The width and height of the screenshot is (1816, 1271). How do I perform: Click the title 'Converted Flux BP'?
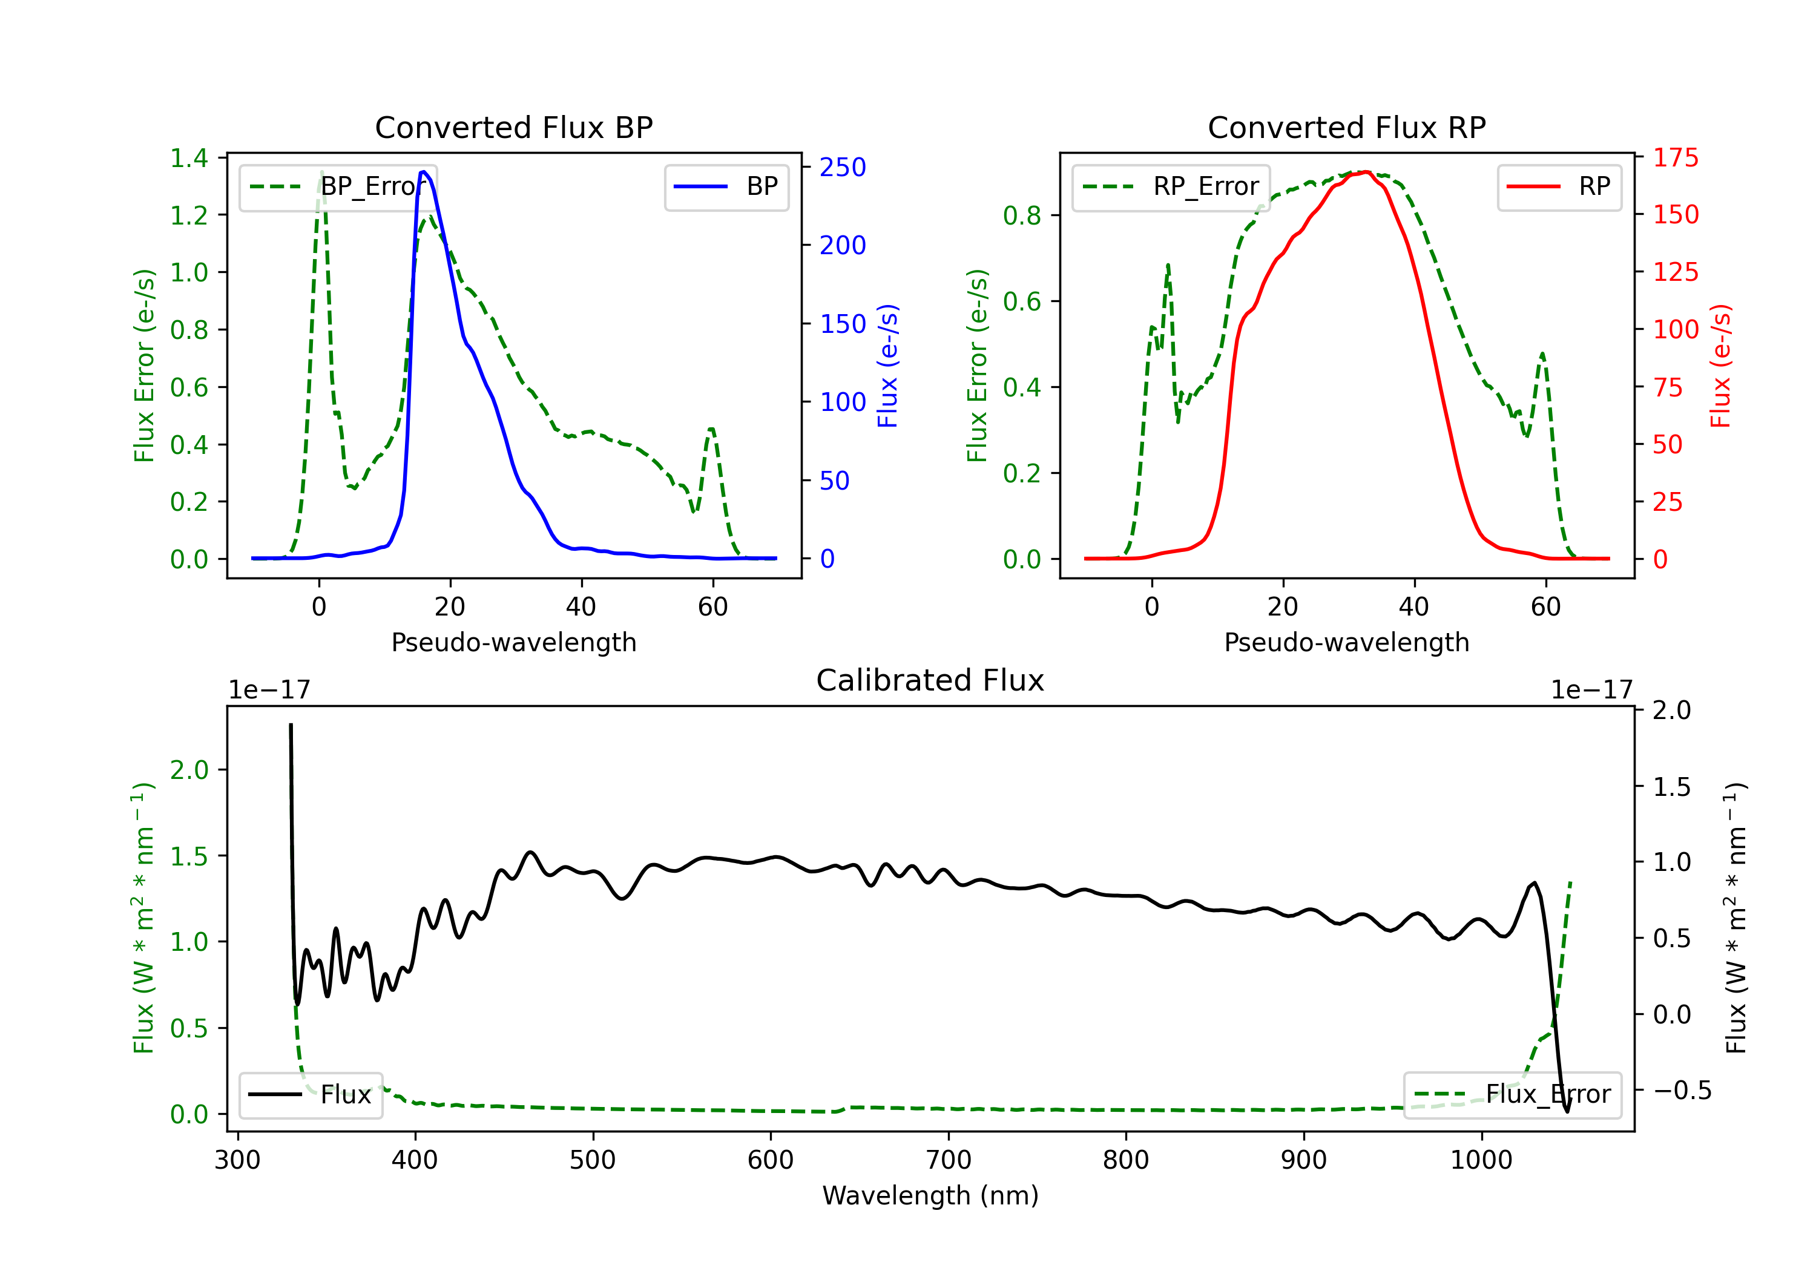pos(514,127)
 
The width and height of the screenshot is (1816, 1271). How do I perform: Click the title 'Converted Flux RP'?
pos(1347,127)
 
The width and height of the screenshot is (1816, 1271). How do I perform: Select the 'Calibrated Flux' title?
pos(930,680)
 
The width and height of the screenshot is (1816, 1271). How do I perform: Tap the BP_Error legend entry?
pos(338,186)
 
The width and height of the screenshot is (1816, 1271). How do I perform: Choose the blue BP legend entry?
pos(726,186)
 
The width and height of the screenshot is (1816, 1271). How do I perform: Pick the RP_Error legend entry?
pos(1171,186)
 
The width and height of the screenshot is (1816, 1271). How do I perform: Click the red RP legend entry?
pos(1559,186)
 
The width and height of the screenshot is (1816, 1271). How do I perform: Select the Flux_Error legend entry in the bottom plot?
pos(1512,1095)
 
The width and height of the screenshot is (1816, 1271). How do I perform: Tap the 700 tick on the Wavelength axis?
pos(949,1160)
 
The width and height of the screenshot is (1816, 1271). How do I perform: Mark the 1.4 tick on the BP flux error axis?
pos(189,157)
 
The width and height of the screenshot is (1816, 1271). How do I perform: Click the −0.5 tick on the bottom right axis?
pos(1682,1091)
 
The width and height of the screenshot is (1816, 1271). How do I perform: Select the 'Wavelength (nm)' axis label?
pos(930,1196)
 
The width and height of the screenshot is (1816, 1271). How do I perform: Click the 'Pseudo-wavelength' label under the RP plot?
pos(1347,642)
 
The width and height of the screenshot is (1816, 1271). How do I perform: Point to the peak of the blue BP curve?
pos(424,172)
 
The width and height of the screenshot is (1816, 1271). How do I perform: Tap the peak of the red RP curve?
pos(1366,172)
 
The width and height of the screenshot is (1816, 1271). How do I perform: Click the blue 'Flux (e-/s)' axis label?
pos(887,366)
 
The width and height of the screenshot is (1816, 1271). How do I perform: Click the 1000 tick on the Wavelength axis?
pos(1481,1160)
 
